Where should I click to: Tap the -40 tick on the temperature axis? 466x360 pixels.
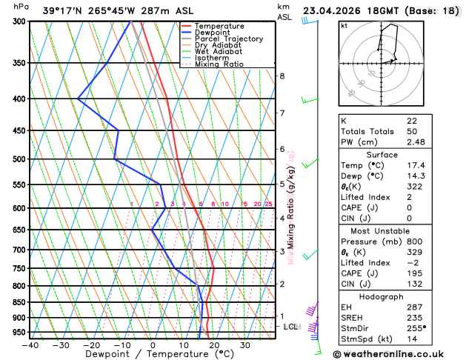coord(30,345)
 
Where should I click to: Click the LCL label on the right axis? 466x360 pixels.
coord(291,326)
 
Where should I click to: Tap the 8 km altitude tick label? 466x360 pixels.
coord(282,76)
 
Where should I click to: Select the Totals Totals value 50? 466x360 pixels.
coord(412,131)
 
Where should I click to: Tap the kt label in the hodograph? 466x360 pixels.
coord(344,25)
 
